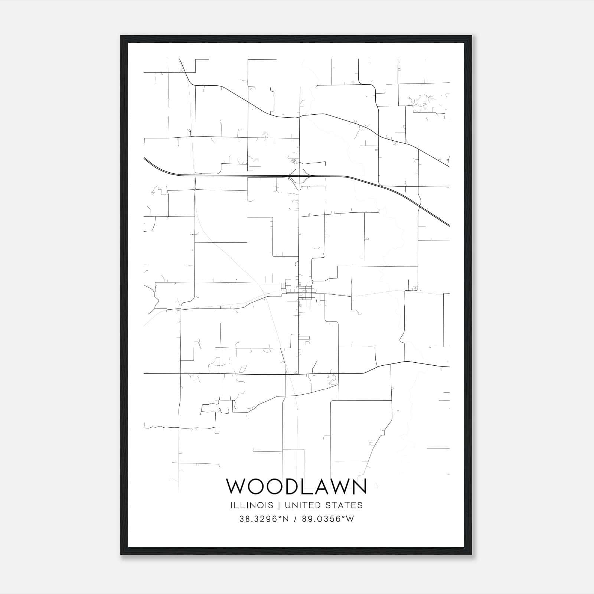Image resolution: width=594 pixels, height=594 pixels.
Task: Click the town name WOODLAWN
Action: (x=297, y=486)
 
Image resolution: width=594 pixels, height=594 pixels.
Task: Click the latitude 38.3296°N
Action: (x=264, y=519)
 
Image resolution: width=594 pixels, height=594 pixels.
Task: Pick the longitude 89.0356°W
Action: (x=327, y=519)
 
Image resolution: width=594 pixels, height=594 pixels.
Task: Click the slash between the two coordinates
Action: (x=295, y=519)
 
